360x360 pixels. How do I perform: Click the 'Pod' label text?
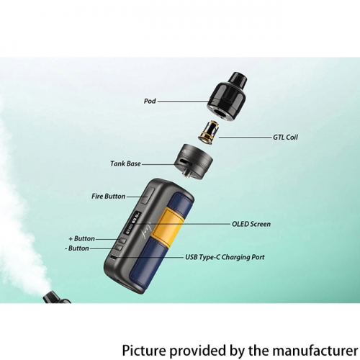pyautogui.click(x=150, y=101)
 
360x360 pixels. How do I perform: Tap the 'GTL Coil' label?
pyautogui.click(x=285, y=138)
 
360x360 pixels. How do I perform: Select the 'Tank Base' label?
pyautogui.click(x=125, y=163)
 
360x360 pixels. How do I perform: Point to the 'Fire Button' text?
pyautogui.click(x=109, y=197)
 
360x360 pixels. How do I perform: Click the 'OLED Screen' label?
pyautogui.click(x=251, y=224)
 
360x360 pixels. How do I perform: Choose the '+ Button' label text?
pyautogui.click(x=81, y=238)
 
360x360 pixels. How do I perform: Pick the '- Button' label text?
pyautogui.click(x=77, y=248)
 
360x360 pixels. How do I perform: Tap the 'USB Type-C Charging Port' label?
pyautogui.click(x=225, y=257)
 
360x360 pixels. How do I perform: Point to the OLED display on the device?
pyautogui.click(x=135, y=222)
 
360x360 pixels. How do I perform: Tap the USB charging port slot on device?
pyautogui.click(x=113, y=258)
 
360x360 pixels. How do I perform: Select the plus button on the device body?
pyautogui.click(x=122, y=240)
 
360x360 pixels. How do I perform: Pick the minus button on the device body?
pyautogui.click(x=119, y=248)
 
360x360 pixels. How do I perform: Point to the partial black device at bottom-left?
pyautogui.click(x=56, y=297)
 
